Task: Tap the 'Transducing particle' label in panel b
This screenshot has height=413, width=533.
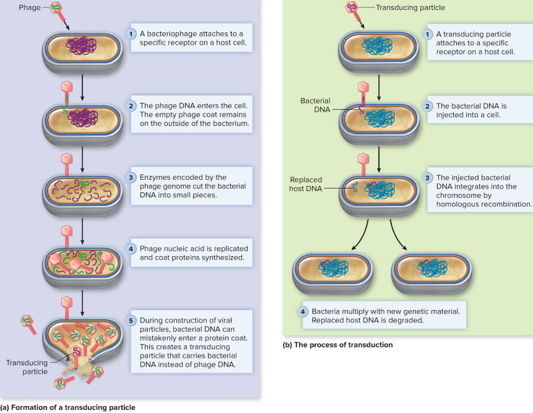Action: pyautogui.click(x=410, y=8)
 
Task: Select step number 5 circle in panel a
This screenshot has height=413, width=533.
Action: pyautogui.click(x=131, y=320)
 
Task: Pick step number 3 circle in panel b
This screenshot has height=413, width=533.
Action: pyautogui.click(x=427, y=177)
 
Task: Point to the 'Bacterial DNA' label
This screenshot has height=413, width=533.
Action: pyautogui.click(x=315, y=104)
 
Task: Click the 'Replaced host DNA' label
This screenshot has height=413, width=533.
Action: pyautogui.click(x=306, y=184)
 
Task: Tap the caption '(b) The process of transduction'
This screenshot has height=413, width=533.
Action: pyautogui.click(x=337, y=344)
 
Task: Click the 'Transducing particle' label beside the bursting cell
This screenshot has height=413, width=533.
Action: pyautogui.click(x=25, y=367)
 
